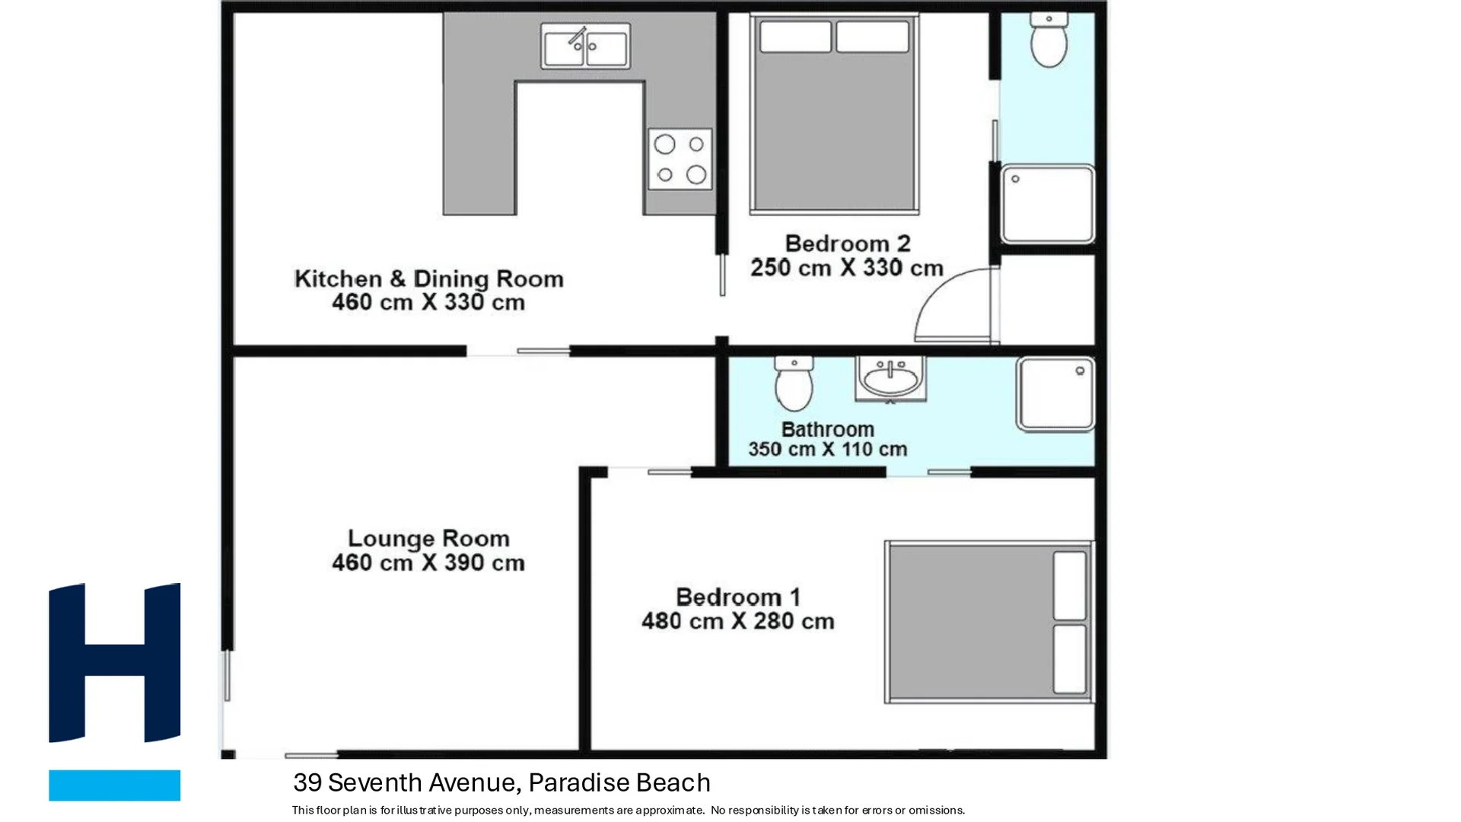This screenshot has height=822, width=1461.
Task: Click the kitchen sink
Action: click(585, 46)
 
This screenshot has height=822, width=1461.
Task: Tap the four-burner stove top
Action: click(680, 159)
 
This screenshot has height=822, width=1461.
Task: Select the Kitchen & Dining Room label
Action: click(428, 279)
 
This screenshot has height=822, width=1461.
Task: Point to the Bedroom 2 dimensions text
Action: click(847, 268)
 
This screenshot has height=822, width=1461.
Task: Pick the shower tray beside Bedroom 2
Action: click(1048, 204)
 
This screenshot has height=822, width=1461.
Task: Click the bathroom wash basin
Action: click(890, 378)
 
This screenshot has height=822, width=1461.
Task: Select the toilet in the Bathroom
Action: click(794, 384)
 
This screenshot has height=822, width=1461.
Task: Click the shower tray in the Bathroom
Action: click(1055, 394)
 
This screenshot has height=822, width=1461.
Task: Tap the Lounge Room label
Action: click(428, 538)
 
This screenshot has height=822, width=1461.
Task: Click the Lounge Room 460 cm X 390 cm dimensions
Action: click(428, 562)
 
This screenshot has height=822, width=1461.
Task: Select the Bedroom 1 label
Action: click(737, 597)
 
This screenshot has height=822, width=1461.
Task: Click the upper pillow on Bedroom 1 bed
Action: click(1070, 585)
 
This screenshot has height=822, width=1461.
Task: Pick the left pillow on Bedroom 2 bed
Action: click(795, 37)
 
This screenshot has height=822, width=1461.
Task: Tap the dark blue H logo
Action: click(115, 662)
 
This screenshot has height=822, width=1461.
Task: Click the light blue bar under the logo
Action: click(115, 785)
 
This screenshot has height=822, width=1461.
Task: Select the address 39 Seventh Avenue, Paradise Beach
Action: click(502, 782)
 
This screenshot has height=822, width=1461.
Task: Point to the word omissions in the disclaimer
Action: click(937, 810)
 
